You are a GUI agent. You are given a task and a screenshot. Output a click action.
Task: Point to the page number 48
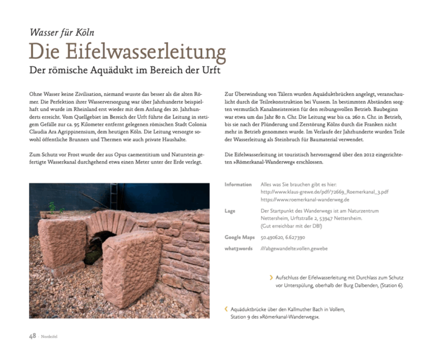[32, 336]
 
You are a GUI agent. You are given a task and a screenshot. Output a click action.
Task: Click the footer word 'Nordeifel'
[48, 337]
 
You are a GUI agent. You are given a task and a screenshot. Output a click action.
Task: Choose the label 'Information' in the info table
[238, 185]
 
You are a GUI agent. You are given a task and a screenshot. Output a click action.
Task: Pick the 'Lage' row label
[229, 211]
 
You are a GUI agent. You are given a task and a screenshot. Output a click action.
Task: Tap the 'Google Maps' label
[239, 237]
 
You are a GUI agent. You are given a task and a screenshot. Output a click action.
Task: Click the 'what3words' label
[239, 248]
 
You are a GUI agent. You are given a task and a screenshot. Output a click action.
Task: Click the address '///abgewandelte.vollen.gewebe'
[294, 248]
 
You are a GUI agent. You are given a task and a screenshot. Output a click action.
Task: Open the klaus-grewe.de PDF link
[324, 192]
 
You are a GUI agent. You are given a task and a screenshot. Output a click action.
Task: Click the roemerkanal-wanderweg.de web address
[305, 200]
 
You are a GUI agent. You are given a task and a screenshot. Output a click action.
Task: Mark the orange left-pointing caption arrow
[226, 308]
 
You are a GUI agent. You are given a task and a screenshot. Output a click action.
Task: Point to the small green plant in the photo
[52, 206]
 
